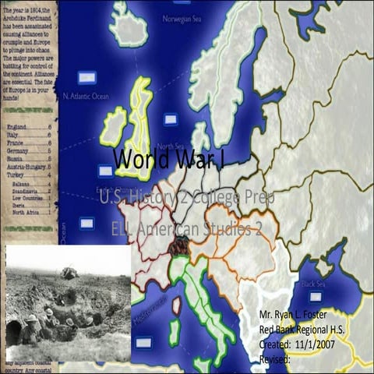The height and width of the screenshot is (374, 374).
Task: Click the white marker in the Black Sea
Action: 317,298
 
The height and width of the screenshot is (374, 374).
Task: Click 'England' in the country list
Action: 16,126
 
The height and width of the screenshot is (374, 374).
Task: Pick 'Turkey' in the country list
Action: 15,175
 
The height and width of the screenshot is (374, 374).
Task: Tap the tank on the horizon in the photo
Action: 69,273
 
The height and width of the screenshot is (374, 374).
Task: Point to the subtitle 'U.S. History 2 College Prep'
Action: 187,199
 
